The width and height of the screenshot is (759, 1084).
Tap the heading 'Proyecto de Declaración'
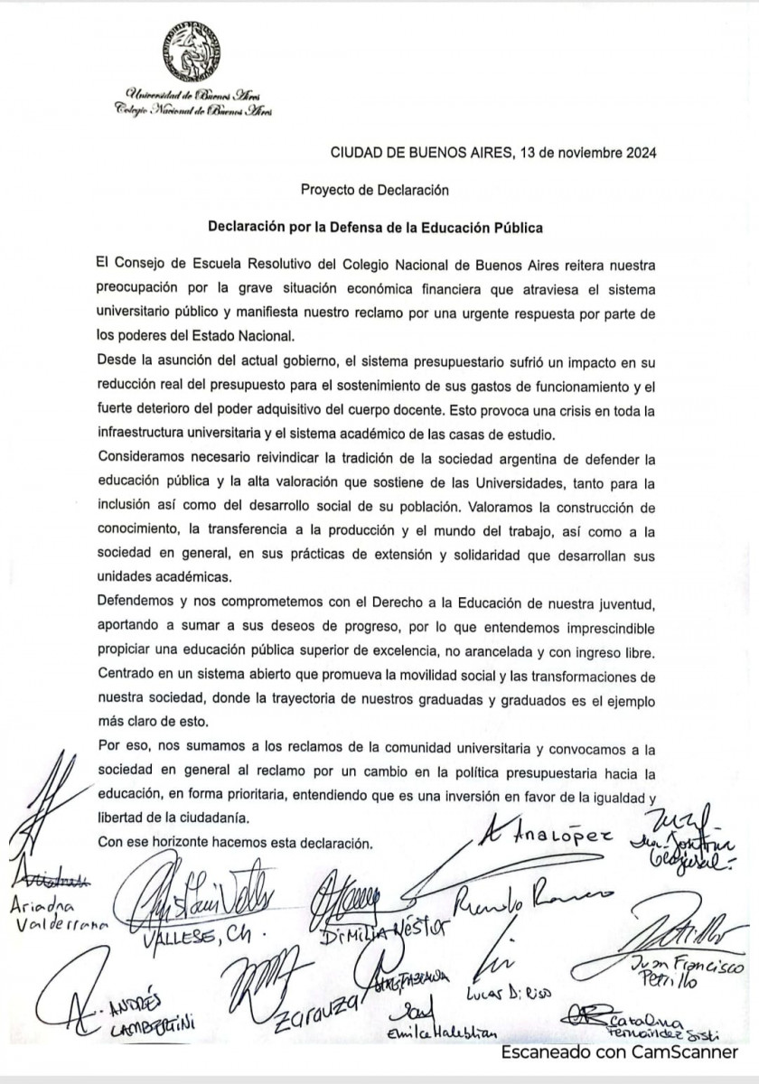tap(374, 191)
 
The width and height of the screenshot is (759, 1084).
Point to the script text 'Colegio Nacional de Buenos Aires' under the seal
tap(186, 107)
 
